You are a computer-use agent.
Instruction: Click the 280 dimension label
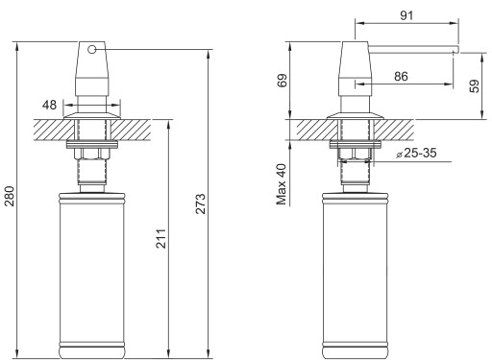point(10,196)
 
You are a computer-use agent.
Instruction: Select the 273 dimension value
point(201,204)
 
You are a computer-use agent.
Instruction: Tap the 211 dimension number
point(161,239)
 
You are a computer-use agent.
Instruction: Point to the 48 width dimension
point(49,105)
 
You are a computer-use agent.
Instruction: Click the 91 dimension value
point(406,15)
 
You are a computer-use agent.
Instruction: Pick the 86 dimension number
point(401,77)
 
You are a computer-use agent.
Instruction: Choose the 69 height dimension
point(283,81)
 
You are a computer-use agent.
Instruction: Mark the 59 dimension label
point(475,85)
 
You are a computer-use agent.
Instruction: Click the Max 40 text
point(282,184)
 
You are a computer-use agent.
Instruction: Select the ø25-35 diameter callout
point(416,153)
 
